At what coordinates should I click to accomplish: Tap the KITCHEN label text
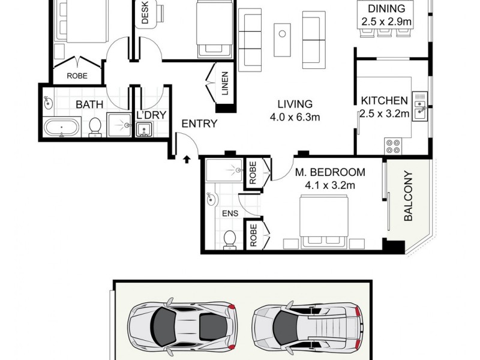[x=384, y=100]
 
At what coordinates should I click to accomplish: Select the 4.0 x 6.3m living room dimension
[x=294, y=117]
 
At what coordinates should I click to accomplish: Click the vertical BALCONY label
[x=409, y=197]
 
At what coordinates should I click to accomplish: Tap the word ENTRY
[x=199, y=124]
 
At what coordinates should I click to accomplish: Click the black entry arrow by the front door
[x=186, y=160]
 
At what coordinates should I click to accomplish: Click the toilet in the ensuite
[x=228, y=239]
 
